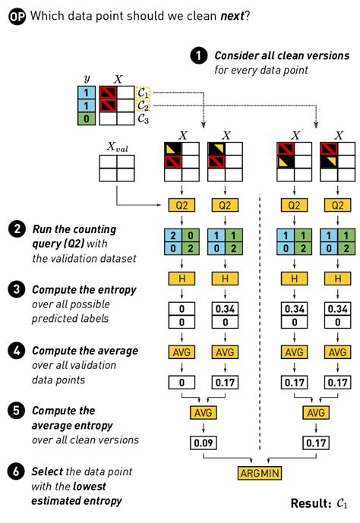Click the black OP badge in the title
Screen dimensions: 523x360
click(16, 16)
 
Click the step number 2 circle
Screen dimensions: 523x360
click(15, 228)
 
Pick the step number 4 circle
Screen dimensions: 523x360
click(15, 351)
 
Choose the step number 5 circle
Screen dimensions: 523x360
click(15, 410)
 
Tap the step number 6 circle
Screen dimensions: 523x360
click(15, 472)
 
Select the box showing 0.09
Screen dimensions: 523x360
click(201, 441)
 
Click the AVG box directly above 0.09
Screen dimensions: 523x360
click(201, 412)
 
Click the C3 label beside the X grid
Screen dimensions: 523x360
click(143, 118)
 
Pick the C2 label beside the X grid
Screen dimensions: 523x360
click(143, 106)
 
